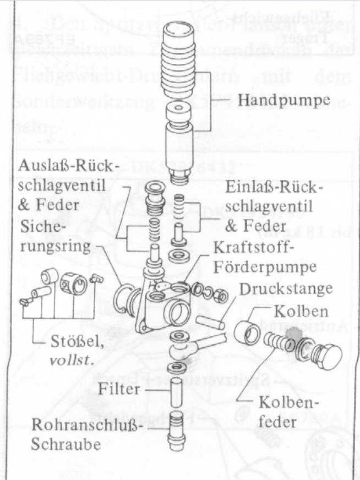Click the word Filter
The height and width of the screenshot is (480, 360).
pyautogui.click(x=119, y=389)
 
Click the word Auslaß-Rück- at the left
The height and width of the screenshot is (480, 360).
pyautogui.click(x=68, y=166)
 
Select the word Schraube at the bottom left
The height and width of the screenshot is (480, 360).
pyautogui.click(x=66, y=444)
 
